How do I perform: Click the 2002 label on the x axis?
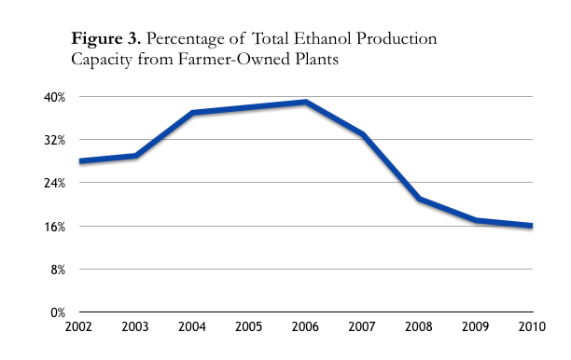tap(79, 328)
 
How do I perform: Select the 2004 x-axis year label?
tap(192, 328)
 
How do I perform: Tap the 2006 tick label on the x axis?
tap(305, 328)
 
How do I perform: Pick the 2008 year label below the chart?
tap(419, 328)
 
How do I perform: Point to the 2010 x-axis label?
tap(532, 328)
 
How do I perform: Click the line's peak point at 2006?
tap(305, 102)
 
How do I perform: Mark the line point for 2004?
tap(192, 113)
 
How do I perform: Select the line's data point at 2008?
tap(419, 199)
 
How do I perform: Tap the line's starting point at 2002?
tap(80, 161)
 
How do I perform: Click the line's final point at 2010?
tap(531, 226)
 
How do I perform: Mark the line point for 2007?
tap(362, 134)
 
